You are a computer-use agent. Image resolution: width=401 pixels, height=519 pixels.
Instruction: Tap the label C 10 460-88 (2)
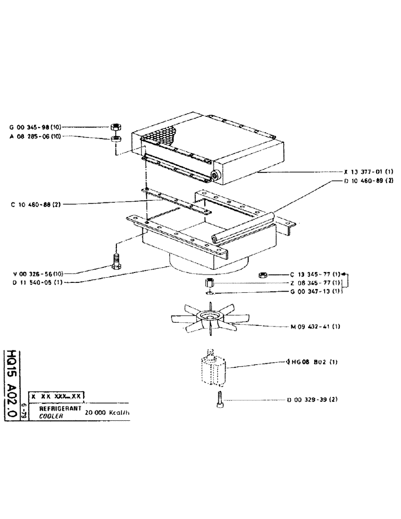tap(36, 204)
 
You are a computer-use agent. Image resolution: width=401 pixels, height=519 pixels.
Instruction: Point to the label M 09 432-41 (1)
tap(315, 326)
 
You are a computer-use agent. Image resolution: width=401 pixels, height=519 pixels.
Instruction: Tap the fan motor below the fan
tap(213, 370)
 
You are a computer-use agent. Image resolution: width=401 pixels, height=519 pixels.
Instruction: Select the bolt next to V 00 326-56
tap(116, 261)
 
